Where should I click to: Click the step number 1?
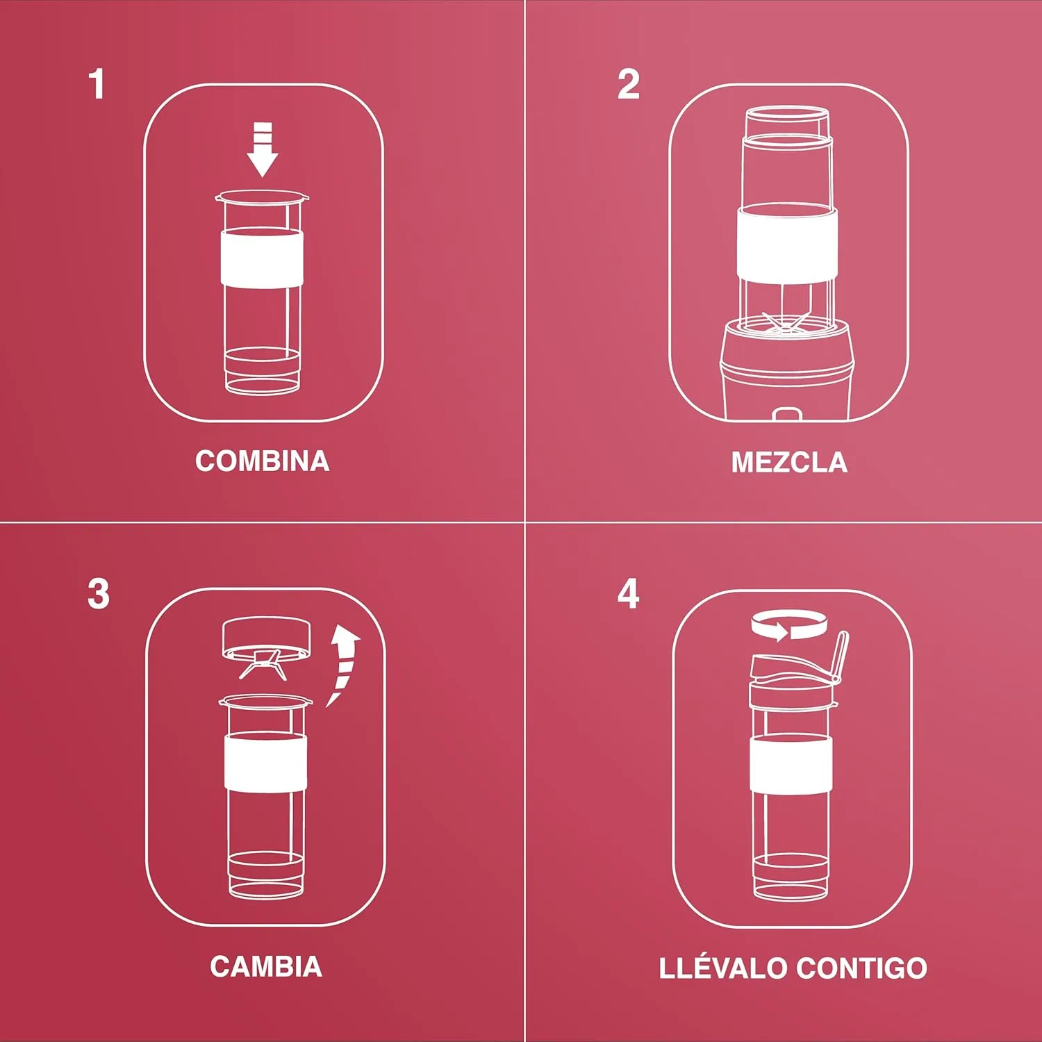point(97,84)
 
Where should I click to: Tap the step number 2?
point(629,84)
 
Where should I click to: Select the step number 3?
point(99,594)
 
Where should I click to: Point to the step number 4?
point(629,594)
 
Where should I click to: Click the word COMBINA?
point(263,461)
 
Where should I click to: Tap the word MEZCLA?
point(789,463)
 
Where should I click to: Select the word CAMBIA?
point(266,967)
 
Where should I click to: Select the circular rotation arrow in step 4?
point(789,625)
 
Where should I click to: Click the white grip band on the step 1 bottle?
point(263,257)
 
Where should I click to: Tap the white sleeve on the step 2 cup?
point(787,242)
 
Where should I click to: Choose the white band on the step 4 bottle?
point(791,764)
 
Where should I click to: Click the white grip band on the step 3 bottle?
point(265,761)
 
